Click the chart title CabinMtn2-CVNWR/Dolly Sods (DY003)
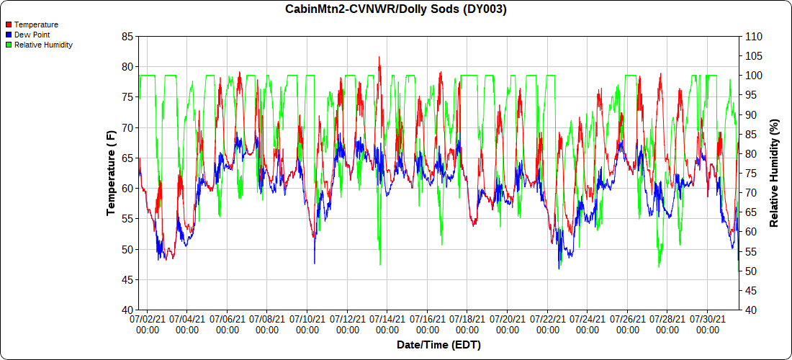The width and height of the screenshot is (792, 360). pos(395,9)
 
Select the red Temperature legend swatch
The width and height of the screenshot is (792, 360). pos(8,24)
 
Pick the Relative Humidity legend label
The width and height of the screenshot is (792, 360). pos(43,45)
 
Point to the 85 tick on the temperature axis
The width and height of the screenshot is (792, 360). pos(127,37)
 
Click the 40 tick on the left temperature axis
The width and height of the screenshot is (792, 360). pos(127,310)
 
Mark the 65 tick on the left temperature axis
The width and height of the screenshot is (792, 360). pos(127,158)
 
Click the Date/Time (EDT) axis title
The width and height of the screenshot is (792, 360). pos(438,346)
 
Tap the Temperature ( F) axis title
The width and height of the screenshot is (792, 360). pos(111,173)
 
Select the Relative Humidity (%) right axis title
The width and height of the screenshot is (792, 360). pos(774,173)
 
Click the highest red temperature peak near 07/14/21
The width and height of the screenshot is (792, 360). pos(379,58)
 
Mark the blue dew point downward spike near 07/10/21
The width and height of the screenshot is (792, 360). pos(314,262)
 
